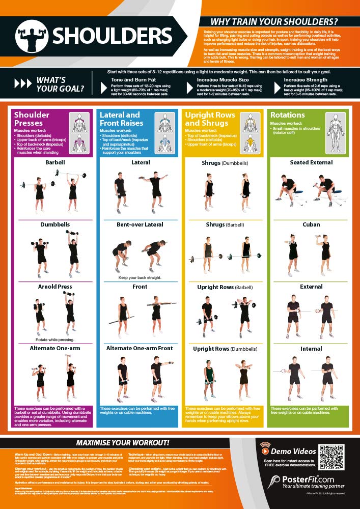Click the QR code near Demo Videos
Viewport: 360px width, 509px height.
335,455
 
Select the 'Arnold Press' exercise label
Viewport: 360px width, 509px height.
54,287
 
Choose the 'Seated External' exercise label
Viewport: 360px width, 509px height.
311,162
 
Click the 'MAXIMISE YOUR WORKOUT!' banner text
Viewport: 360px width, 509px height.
123,443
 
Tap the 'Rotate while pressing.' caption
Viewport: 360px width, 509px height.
54,340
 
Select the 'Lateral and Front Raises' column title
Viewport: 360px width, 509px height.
120,119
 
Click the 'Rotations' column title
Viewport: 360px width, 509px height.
288,115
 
